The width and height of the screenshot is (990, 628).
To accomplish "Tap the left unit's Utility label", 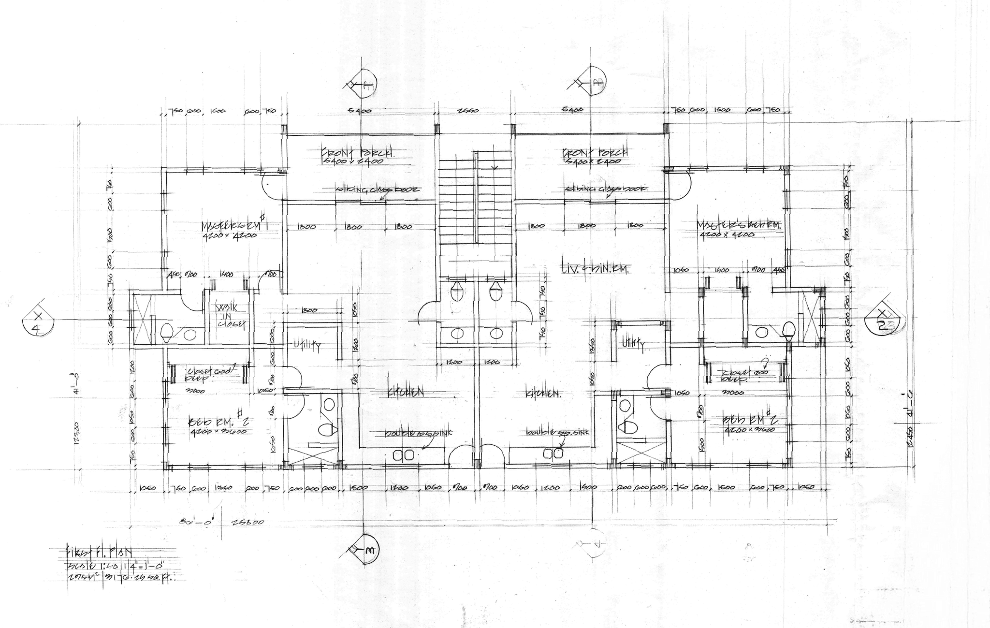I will coord(308,345).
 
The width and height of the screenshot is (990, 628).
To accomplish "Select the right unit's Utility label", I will coord(633,343).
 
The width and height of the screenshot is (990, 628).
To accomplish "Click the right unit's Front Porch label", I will coord(595,153).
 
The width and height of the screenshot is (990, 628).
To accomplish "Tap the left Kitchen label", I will coord(405,393).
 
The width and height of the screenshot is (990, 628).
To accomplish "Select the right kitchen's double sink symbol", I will coord(553,453).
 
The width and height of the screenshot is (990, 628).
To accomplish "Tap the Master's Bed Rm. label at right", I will coord(738,225).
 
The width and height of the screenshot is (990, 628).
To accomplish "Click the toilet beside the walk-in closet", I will coord(166,332).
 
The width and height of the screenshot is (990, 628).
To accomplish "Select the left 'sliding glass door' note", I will coord(379,190).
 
